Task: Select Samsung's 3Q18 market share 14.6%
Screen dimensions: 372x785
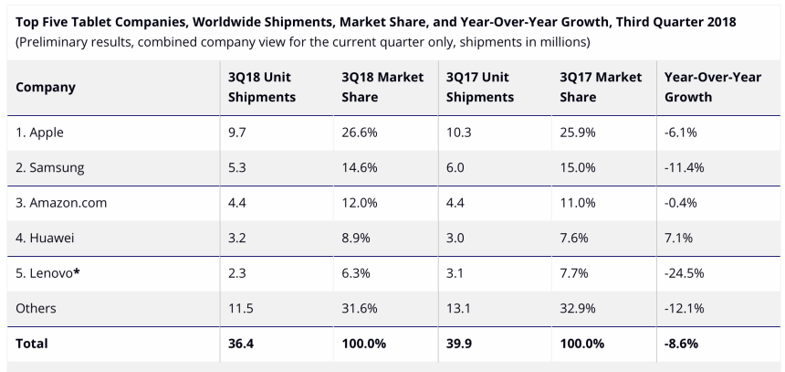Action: click(359, 168)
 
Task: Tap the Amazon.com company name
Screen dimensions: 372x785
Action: click(61, 203)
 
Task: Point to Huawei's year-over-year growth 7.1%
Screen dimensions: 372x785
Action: click(680, 238)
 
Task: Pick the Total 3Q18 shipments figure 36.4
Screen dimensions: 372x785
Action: click(240, 345)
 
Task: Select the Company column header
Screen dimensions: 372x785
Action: click(46, 88)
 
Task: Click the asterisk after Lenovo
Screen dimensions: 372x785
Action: click(77, 271)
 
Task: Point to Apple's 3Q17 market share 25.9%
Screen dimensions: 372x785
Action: click(577, 133)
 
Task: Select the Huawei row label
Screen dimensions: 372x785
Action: click(45, 238)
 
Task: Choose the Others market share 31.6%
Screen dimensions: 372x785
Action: click(359, 309)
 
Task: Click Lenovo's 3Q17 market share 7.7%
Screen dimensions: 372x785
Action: click(573, 273)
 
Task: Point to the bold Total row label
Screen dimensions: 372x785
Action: click(32, 345)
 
